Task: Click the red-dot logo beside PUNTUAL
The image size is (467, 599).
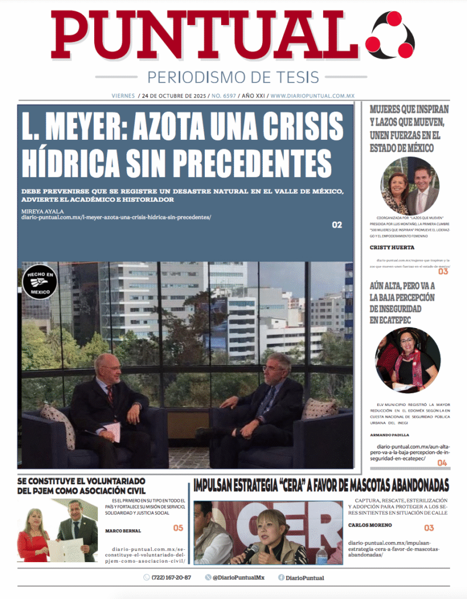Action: click(389, 35)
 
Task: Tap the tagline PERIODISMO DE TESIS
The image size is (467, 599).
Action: click(233, 77)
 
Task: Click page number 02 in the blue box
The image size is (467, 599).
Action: click(336, 225)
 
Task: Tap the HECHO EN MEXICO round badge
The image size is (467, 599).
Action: click(39, 282)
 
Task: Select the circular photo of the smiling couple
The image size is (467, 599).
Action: click(410, 186)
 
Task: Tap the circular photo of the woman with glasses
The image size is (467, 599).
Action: click(407, 360)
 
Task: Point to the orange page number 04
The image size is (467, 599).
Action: click(442, 463)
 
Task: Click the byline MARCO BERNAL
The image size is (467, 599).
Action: click(123, 531)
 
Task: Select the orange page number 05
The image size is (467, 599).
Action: click(178, 528)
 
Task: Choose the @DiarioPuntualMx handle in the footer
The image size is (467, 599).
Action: click(238, 577)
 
